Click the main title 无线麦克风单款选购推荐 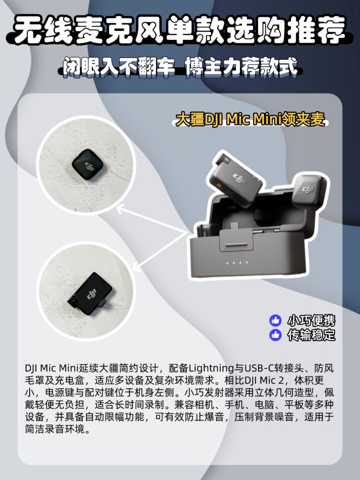point(180,29)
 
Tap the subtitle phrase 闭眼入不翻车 point(119,67)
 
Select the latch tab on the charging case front point(236,241)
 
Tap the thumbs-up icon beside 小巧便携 point(275,320)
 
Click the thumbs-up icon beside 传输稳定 point(275,335)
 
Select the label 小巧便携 point(311,320)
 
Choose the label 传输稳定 point(311,335)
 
